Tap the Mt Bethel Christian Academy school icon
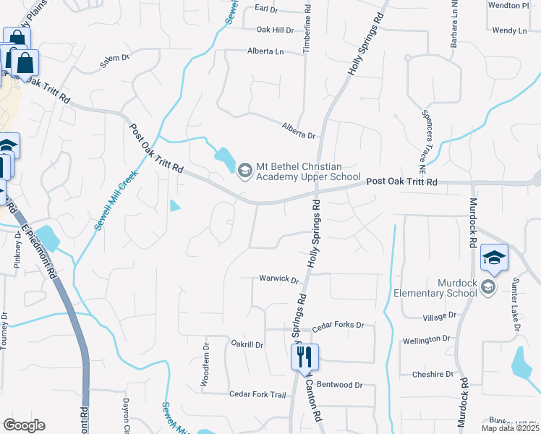[244, 170]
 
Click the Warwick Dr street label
[279, 278]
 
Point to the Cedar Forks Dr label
[338, 326]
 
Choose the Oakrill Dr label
[247, 344]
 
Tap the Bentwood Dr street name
[339, 385]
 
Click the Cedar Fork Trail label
[258, 394]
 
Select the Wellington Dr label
[426, 339]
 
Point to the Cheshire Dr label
[433, 374]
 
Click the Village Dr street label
[440, 316]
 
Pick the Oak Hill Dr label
[275, 30]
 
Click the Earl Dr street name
[266, 9]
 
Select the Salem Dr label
[114, 61]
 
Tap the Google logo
[24, 425]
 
